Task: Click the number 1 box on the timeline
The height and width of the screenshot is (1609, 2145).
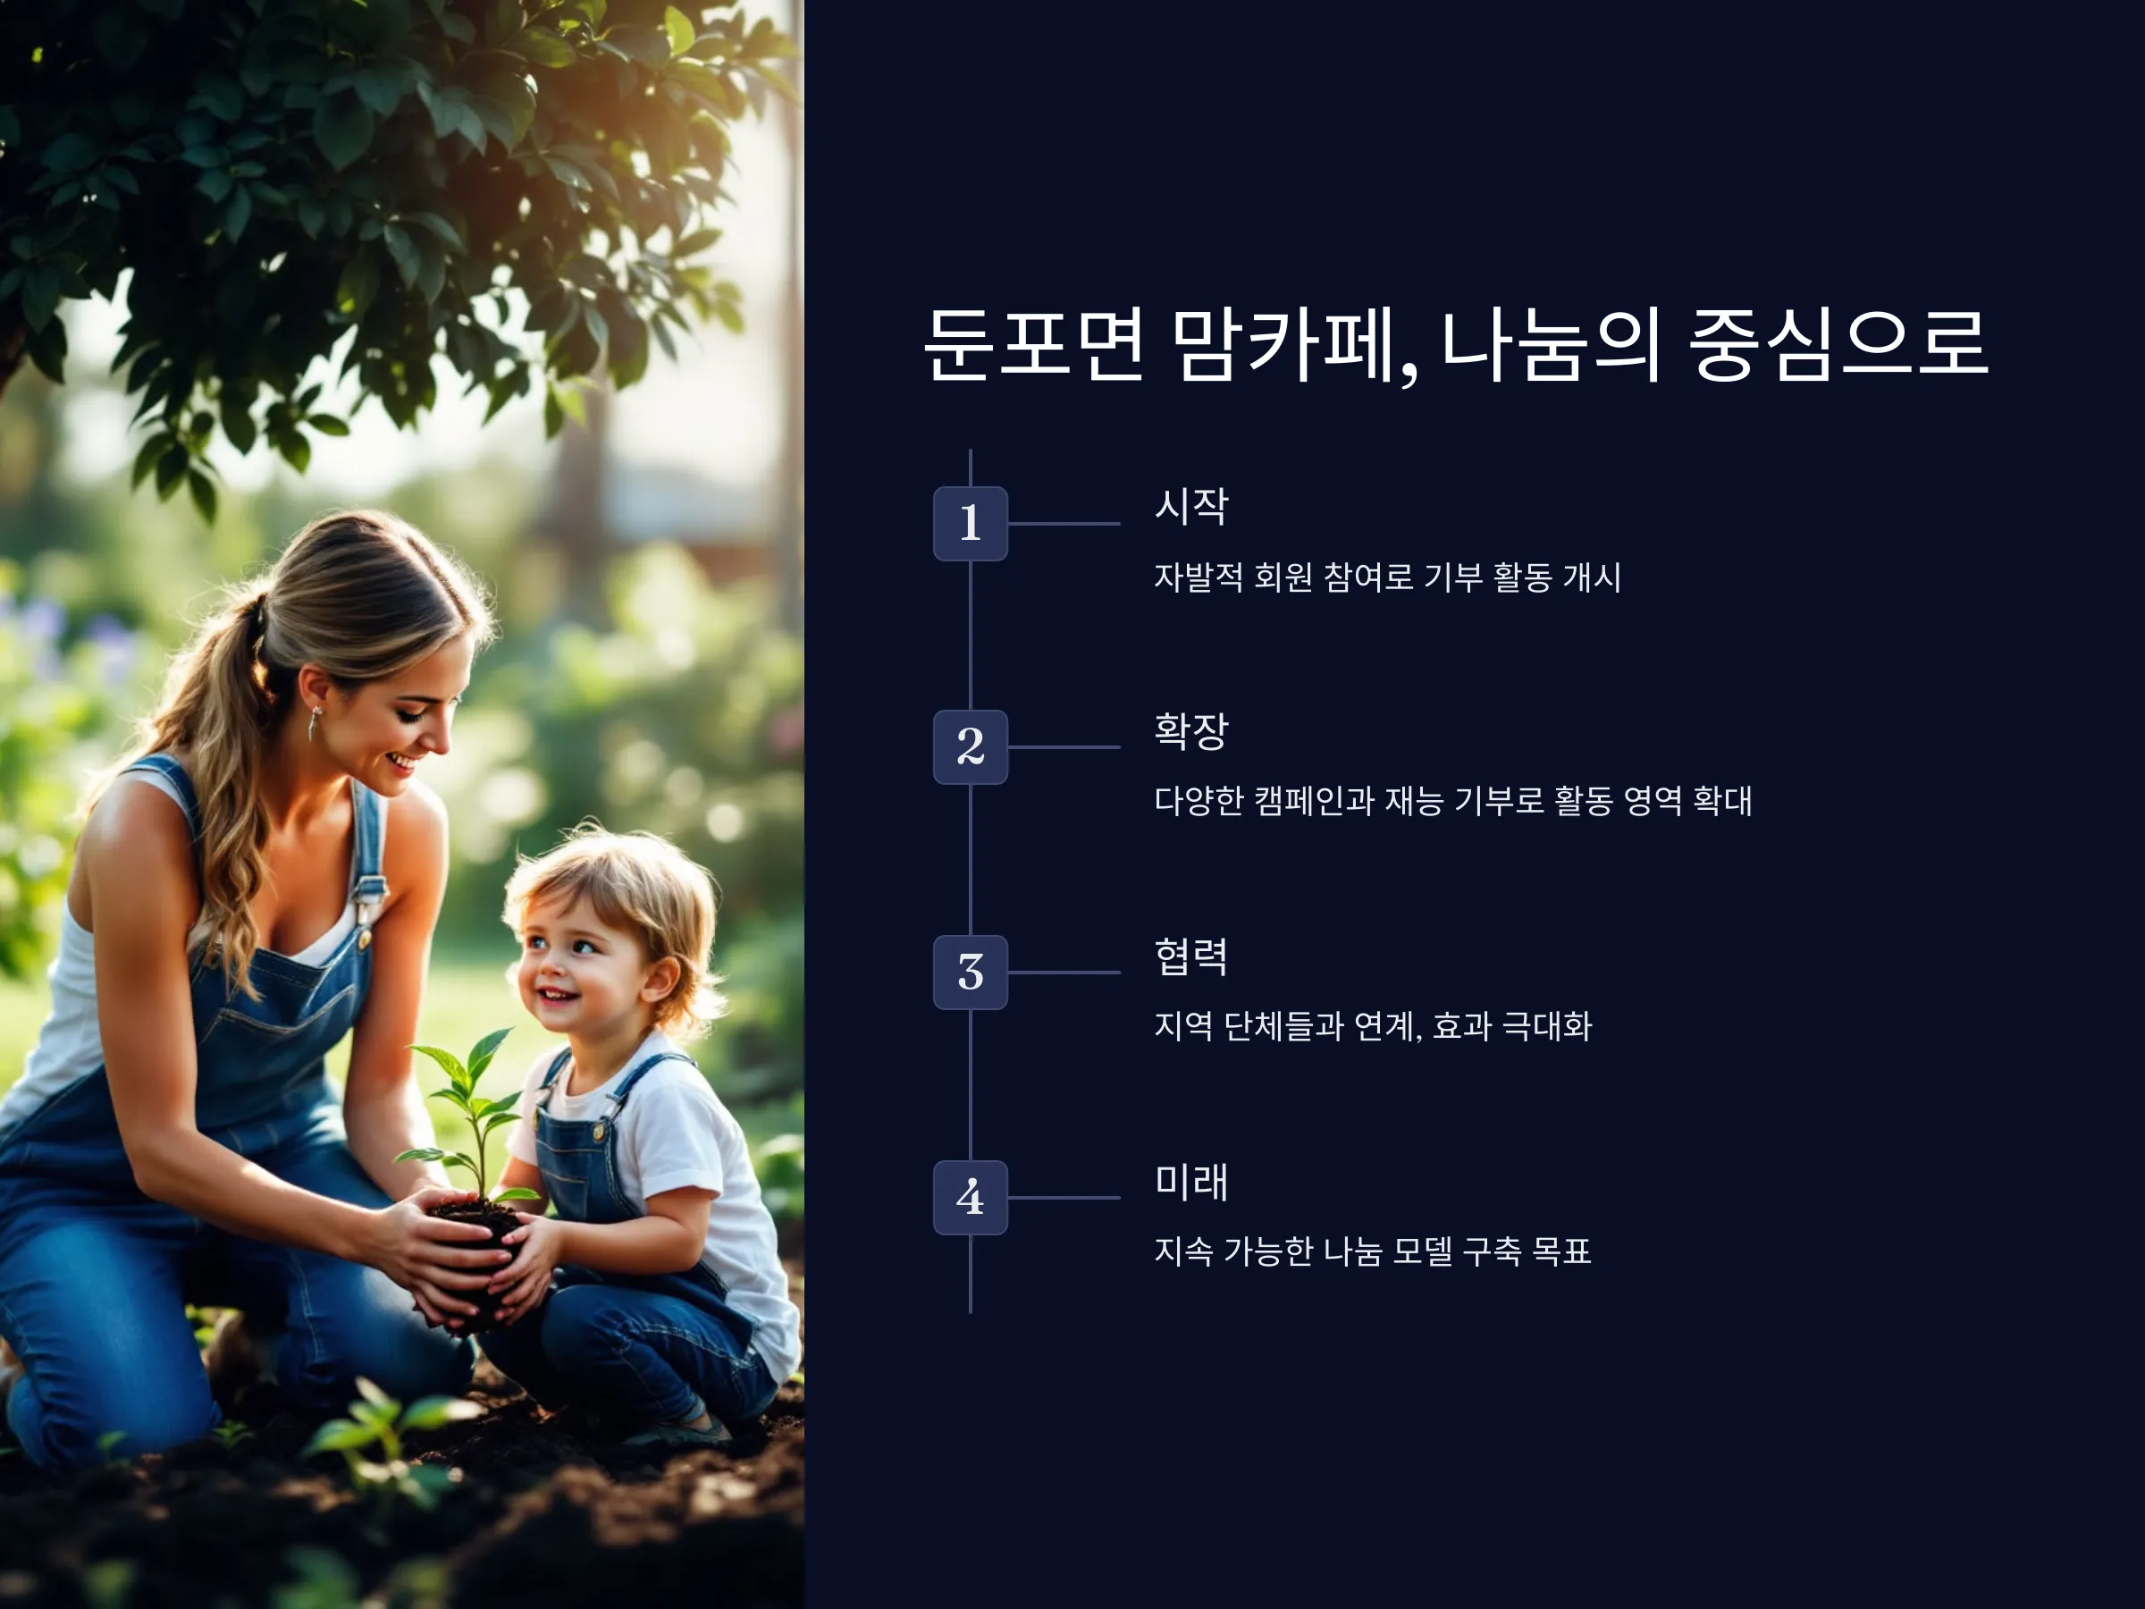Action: point(970,524)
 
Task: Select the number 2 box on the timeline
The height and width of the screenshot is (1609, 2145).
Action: point(970,746)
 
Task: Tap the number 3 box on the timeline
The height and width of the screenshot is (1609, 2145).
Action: point(970,972)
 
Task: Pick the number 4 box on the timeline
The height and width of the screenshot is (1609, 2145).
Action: point(970,1197)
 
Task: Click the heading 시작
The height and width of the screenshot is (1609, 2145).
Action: point(1190,506)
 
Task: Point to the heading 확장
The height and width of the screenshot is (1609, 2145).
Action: point(1190,730)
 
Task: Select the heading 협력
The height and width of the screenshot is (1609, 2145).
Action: point(1190,956)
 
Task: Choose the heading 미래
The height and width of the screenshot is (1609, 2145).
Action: point(1190,1182)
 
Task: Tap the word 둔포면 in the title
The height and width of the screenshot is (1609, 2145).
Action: point(1034,345)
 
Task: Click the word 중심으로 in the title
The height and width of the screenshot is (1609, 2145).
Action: point(1838,344)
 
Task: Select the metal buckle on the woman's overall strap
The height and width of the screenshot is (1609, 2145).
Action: point(366,892)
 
